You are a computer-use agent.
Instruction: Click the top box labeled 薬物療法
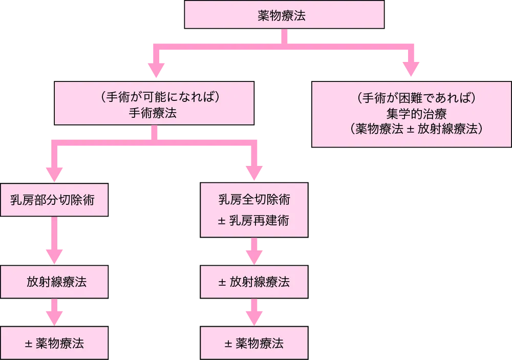click(284, 16)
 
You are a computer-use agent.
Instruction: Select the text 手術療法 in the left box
click(154, 114)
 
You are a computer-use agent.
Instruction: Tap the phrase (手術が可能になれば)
click(154, 97)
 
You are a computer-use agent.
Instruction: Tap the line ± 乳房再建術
click(254, 220)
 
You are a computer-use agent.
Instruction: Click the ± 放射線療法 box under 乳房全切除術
click(254, 282)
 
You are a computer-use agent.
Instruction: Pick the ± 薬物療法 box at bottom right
click(254, 343)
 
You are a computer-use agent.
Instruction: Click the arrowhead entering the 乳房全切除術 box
click(254, 171)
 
